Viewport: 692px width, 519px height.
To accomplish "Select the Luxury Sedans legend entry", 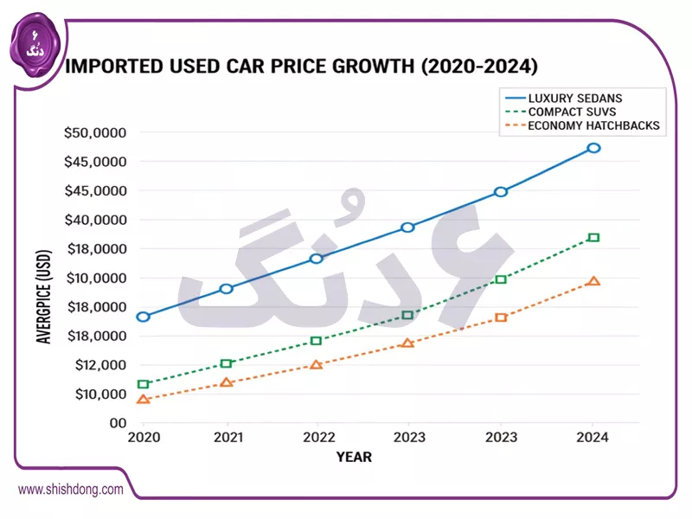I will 574,98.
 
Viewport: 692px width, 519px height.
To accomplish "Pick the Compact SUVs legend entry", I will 571,112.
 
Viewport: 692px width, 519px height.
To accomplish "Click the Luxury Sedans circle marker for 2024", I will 593,148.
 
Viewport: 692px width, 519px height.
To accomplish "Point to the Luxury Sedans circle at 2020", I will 144,317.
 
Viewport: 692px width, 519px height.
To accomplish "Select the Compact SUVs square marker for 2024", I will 593,237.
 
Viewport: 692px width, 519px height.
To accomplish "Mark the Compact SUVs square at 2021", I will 227,363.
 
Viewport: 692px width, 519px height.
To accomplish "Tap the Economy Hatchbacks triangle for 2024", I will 593,281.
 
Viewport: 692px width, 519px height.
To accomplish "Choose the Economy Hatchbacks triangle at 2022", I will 317,365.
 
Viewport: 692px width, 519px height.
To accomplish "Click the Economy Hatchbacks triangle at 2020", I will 144,400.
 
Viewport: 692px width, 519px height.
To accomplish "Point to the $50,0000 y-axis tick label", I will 95,133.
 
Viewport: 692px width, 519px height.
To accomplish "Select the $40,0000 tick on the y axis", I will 95,221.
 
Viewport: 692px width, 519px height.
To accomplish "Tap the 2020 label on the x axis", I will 144,438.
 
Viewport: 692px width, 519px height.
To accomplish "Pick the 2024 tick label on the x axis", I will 593,438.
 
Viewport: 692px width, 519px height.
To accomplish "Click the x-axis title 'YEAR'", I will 354,457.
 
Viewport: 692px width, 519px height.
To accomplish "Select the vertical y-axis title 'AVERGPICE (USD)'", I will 45,294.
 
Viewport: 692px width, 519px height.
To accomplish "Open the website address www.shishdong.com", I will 71,490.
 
